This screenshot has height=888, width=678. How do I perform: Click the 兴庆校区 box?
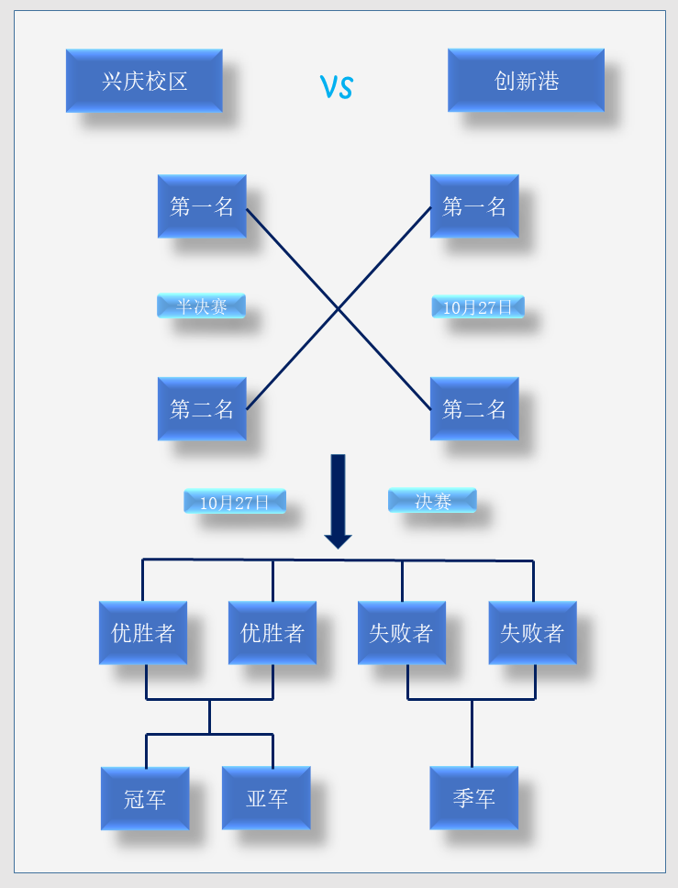(144, 81)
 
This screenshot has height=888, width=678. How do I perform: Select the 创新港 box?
(526, 81)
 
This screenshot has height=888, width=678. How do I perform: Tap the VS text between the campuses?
(337, 87)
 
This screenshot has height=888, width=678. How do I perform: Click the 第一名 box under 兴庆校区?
(202, 206)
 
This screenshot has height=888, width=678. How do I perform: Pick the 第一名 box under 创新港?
(474, 206)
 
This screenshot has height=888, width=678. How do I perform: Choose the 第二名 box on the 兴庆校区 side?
(202, 409)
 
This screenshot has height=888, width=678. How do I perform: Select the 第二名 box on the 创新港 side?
(474, 409)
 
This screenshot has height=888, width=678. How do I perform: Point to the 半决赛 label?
(201, 306)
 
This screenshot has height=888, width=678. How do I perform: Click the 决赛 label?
(432, 501)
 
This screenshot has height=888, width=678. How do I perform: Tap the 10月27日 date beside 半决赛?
(478, 307)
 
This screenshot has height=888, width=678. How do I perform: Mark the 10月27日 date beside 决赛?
(235, 502)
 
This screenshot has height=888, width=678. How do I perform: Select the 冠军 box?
(145, 798)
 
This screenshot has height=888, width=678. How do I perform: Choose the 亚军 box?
(266, 798)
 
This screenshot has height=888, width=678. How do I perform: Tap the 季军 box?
(474, 798)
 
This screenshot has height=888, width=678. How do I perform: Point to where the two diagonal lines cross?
(339, 309)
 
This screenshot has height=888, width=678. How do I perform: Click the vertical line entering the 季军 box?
(472, 734)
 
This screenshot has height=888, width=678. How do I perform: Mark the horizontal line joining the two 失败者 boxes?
(472, 699)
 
